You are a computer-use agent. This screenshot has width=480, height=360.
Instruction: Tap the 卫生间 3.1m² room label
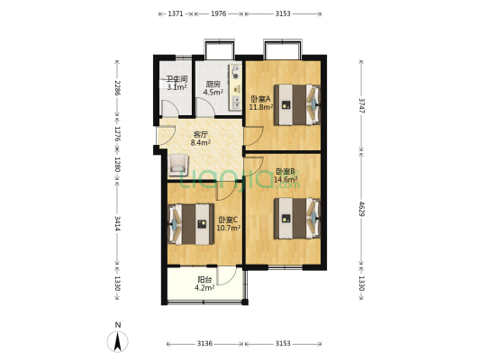point(177,83)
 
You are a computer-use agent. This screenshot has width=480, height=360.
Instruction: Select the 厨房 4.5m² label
point(213,88)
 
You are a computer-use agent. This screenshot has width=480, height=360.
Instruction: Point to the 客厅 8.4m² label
point(201,139)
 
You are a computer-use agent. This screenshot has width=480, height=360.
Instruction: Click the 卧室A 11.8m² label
point(261,103)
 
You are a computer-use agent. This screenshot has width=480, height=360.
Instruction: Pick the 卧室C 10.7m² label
point(228,223)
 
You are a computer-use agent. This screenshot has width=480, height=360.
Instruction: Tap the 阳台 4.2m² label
point(204,283)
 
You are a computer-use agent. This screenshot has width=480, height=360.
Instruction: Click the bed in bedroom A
point(297,104)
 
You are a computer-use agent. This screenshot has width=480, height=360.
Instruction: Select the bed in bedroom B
point(297,219)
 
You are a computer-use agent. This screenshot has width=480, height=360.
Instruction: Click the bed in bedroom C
point(191,224)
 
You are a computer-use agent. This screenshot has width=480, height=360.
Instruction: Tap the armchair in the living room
point(178,165)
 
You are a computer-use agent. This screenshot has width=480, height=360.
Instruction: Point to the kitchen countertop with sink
point(236,87)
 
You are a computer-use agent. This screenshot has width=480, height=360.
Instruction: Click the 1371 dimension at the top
point(176,13)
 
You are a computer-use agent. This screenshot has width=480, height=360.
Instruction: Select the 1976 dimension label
point(219,13)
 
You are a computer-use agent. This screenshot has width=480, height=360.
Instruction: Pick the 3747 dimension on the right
point(361,105)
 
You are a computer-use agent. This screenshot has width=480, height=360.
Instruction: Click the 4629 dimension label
point(361,209)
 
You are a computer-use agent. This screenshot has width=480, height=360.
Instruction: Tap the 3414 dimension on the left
point(117,223)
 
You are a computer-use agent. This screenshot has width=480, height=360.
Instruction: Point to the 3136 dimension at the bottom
point(204,344)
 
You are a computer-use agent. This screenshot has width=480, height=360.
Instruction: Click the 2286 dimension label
point(117,88)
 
